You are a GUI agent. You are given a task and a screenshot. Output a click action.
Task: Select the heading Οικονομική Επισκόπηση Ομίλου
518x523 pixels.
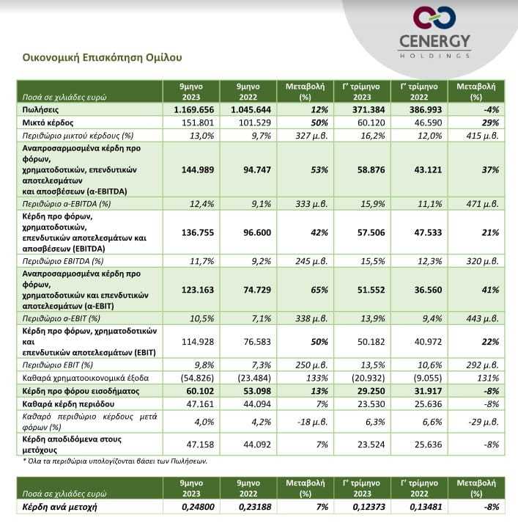(x=103, y=57)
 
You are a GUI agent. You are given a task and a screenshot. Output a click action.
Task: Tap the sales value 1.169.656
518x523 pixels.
(x=194, y=110)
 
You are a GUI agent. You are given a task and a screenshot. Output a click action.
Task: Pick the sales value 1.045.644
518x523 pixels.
(x=251, y=110)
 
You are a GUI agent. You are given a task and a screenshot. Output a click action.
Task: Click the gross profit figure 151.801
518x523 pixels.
(x=198, y=122)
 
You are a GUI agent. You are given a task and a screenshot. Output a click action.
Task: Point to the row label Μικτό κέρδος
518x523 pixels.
(x=48, y=122)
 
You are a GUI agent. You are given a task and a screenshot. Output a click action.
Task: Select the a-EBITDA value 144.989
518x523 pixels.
(x=198, y=169)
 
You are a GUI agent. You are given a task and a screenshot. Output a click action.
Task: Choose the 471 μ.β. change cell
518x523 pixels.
(x=482, y=204)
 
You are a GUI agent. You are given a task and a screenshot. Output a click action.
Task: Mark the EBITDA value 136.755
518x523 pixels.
(x=198, y=233)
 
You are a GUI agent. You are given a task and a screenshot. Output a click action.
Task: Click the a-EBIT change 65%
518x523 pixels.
(x=319, y=290)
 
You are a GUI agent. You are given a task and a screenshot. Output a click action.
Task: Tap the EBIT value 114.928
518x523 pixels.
(x=198, y=342)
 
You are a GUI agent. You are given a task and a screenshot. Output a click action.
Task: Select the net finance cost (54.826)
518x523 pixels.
(x=197, y=378)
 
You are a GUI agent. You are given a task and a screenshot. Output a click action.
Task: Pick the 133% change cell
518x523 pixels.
(x=317, y=378)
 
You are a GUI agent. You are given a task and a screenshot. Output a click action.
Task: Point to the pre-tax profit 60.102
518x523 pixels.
(x=200, y=391)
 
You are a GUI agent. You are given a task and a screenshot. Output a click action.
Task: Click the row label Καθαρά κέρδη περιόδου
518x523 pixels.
(x=68, y=404)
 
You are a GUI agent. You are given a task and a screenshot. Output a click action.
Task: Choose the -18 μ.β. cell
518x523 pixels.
(x=312, y=422)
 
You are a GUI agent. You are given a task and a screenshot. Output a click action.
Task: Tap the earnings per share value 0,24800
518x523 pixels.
(x=198, y=507)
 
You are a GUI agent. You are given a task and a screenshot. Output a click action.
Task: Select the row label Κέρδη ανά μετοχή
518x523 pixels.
(x=59, y=508)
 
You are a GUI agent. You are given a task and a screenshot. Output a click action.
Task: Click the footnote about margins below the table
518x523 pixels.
(x=115, y=461)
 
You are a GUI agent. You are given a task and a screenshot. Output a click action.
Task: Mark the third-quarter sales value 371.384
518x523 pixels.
(x=369, y=110)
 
